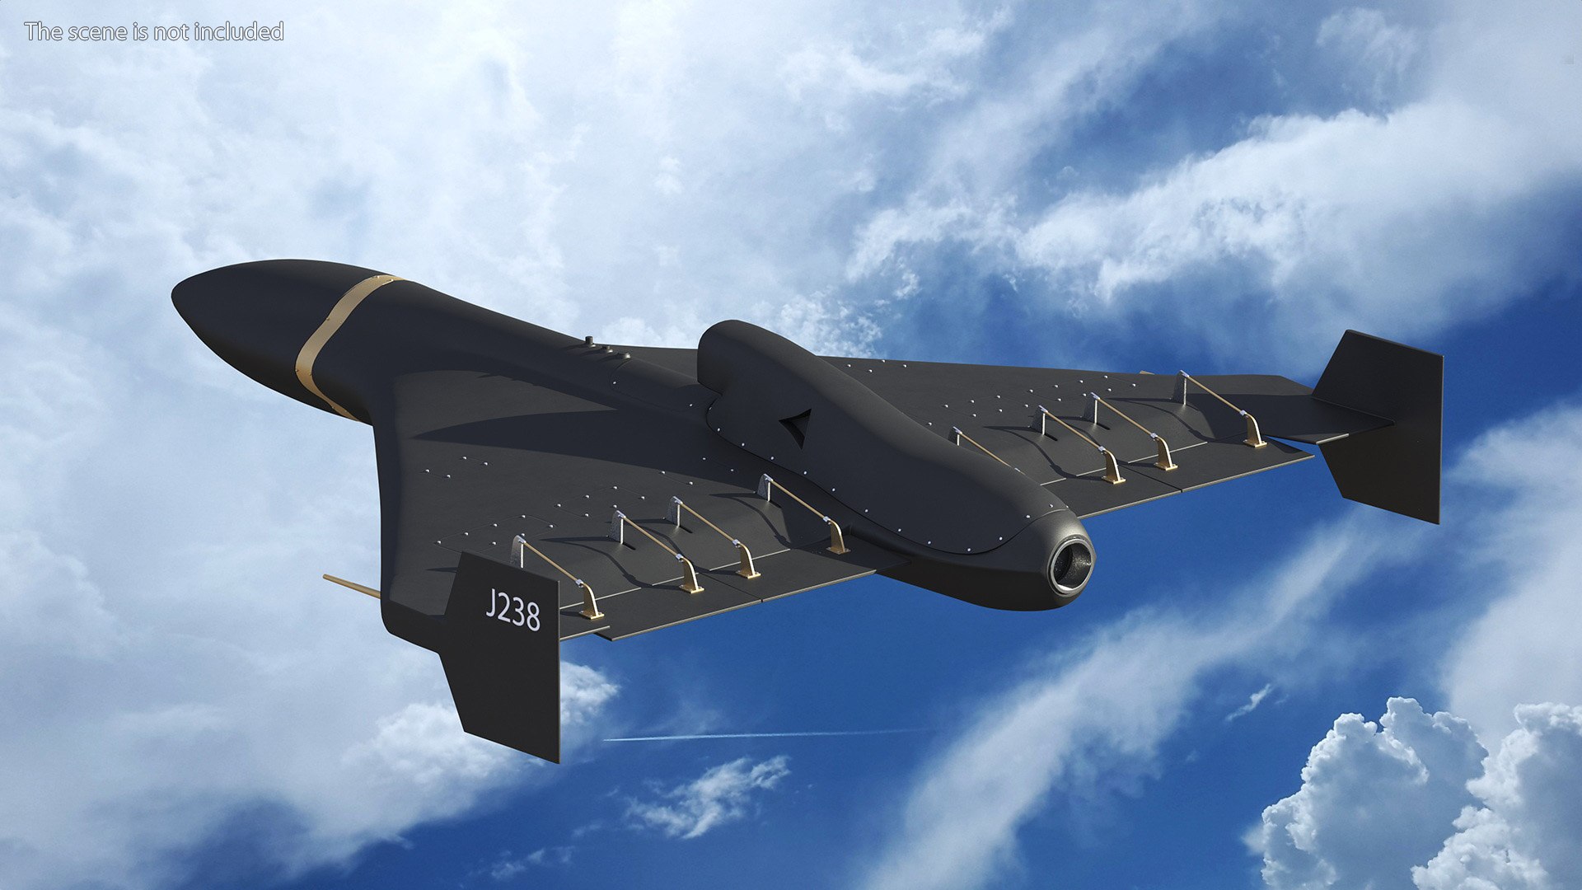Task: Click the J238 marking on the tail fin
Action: (x=512, y=610)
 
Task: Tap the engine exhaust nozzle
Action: (x=1070, y=564)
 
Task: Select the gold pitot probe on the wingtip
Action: (x=350, y=586)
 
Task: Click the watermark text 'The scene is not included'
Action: (x=154, y=31)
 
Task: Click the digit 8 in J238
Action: (x=531, y=616)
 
